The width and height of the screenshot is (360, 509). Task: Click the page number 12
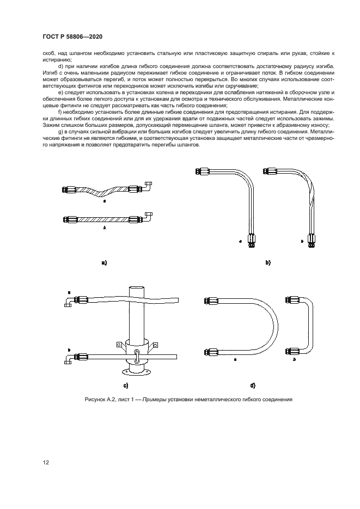tap(46, 463)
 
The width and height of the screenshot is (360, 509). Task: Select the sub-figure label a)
tap(103, 262)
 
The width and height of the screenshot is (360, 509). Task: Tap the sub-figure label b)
tap(268, 262)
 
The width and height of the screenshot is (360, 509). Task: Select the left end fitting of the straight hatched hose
tap(70, 219)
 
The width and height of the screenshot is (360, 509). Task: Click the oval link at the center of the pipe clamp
tap(137, 358)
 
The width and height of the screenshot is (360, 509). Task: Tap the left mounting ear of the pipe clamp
tap(118, 344)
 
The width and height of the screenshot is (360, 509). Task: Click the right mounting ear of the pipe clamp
tap(155, 344)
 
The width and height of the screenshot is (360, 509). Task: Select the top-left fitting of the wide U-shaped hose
tap(211, 299)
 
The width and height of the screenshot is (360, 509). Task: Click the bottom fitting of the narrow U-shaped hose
tap(294, 350)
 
